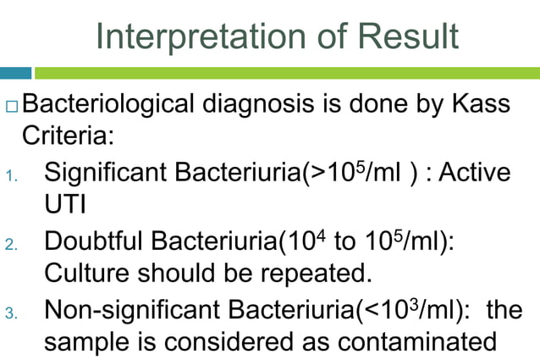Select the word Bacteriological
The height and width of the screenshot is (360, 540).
pyautogui.click(x=107, y=106)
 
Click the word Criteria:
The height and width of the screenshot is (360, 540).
pyautogui.click(x=62, y=135)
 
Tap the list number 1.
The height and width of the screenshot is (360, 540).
pyautogui.click(x=9, y=177)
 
